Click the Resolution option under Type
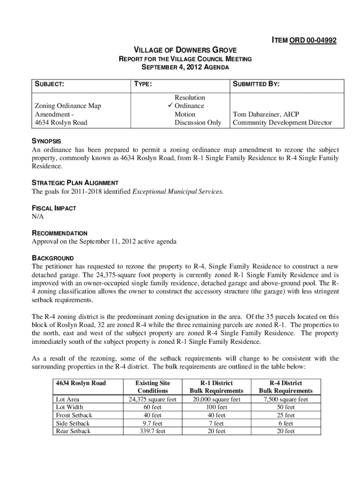tap(189, 97)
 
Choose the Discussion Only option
tap(197, 123)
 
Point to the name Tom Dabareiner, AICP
tap(266, 114)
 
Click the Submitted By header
tap(256, 84)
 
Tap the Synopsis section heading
tap(46, 141)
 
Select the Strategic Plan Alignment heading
tap(75, 183)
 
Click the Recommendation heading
tap(59, 233)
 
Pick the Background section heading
tap(52, 258)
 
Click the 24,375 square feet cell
tap(152, 399)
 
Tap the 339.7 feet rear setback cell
tap(152, 431)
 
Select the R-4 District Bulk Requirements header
tap(286, 387)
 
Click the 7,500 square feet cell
tap(286, 399)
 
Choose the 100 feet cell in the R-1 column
tap(216, 407)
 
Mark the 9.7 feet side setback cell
tap(152, 423)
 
